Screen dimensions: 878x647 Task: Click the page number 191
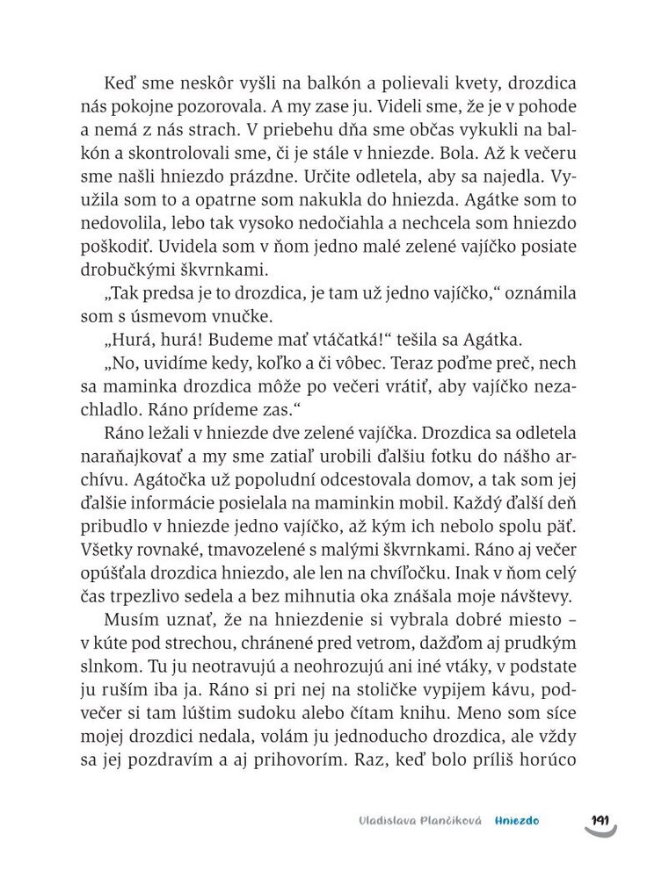coord(600,820)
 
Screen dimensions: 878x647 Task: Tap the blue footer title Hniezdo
coord(516,821)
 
